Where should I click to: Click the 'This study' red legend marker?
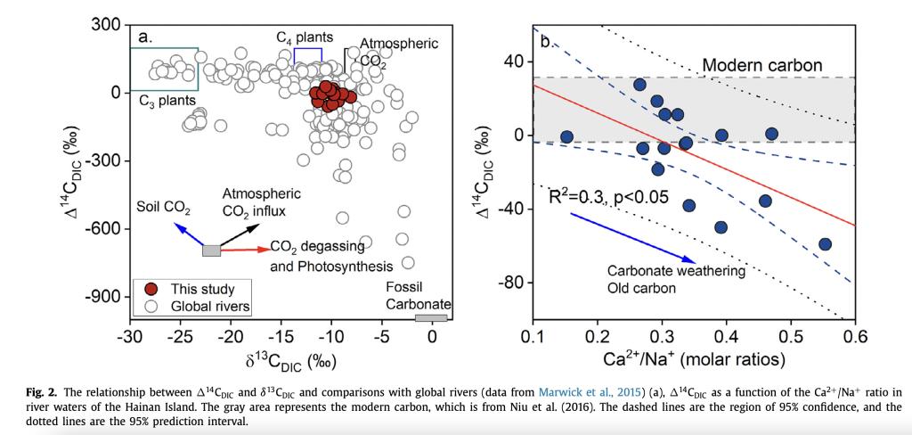pyautogui.click(x=151, y=289)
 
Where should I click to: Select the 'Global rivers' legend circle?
pyautogui.click(x=151, y=306)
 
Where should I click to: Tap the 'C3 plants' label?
pyautogui.click(x=167, y=101)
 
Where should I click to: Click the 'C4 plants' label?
pyautogui.click(x=305, y=37)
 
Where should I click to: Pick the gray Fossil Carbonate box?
pyautogui.click(x=431, y=317)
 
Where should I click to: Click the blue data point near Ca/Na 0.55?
pyautogui.click(x=825, y=244)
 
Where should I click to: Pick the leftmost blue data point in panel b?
pyautogui.click(x=566, y=136)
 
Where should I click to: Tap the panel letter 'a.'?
pyautogui.click(x=145, y=37)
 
